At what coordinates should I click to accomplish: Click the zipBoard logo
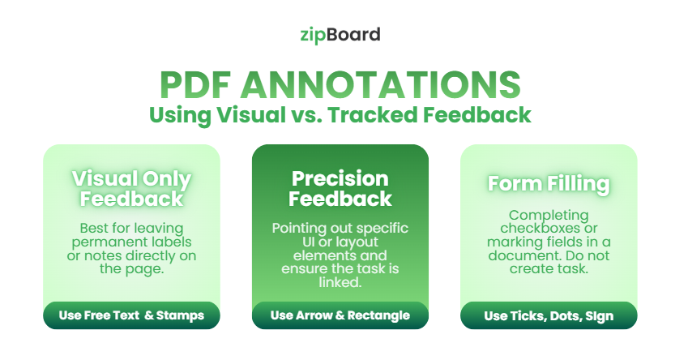pos(340,35)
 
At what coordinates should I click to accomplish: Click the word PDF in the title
pos(194,85)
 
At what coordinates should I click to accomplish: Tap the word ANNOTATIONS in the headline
pos(380,85)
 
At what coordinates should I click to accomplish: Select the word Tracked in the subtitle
pos(373,115)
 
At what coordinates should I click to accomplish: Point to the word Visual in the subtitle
pos(251,115)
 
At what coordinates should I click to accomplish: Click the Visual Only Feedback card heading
pos(131,189)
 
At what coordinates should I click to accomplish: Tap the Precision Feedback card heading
pos(340,189)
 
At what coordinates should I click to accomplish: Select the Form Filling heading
pos(549,184)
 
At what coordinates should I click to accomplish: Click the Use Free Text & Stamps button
pos(131,315)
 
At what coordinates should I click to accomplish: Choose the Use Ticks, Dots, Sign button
pos(549,315)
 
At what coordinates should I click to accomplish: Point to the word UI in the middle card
pos(308,242)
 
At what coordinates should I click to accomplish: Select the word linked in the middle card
pos(340,283)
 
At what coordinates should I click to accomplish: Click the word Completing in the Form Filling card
pos(549,216)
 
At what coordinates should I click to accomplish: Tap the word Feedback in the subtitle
pos(477,115)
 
